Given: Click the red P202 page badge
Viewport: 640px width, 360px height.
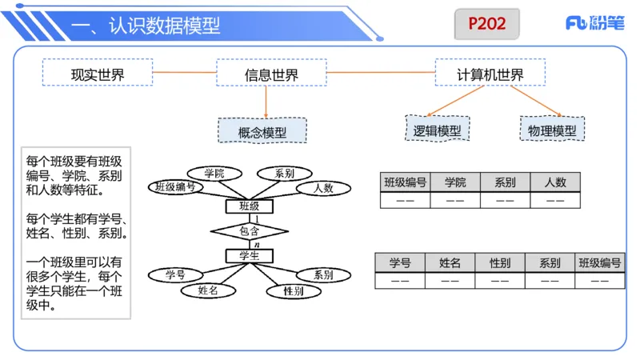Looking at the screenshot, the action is coord(486,24).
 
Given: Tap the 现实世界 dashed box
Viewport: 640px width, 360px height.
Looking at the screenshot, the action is coord(98,72).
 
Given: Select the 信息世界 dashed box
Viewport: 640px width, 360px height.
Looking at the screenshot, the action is coord(271,72).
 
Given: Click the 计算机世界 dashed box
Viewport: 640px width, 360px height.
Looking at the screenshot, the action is coord(490,72).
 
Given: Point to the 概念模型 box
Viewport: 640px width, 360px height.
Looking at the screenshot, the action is coord(262,130).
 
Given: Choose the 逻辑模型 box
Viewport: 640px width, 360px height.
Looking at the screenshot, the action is coord(437,129).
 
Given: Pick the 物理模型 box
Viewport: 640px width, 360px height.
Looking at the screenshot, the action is coord(552,129).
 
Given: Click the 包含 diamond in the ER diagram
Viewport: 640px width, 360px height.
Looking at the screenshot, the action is coord(250,231).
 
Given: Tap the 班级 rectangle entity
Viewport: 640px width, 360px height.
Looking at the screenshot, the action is coord(250,206).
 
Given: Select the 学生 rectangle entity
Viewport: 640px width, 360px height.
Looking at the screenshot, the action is coord(250,256).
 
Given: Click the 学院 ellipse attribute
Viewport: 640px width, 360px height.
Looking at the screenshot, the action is coord(214,174).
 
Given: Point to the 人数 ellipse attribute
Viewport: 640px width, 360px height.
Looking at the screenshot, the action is coord(323,188).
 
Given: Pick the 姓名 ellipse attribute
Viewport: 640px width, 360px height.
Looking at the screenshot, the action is coord(208,290).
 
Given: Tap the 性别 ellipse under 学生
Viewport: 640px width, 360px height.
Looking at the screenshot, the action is coord(294,291).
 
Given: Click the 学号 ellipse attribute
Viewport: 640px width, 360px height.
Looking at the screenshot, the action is coord(175,275).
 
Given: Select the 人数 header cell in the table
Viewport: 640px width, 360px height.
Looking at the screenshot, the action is coord(555,182).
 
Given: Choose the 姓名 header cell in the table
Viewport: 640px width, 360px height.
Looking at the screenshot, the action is coord(450,262).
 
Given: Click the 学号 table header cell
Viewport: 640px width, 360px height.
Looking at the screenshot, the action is coord(400,262).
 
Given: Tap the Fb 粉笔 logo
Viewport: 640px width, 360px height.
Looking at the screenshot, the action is coord(595,22).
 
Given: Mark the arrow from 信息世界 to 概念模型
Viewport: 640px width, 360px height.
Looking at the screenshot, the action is coord(266,102).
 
